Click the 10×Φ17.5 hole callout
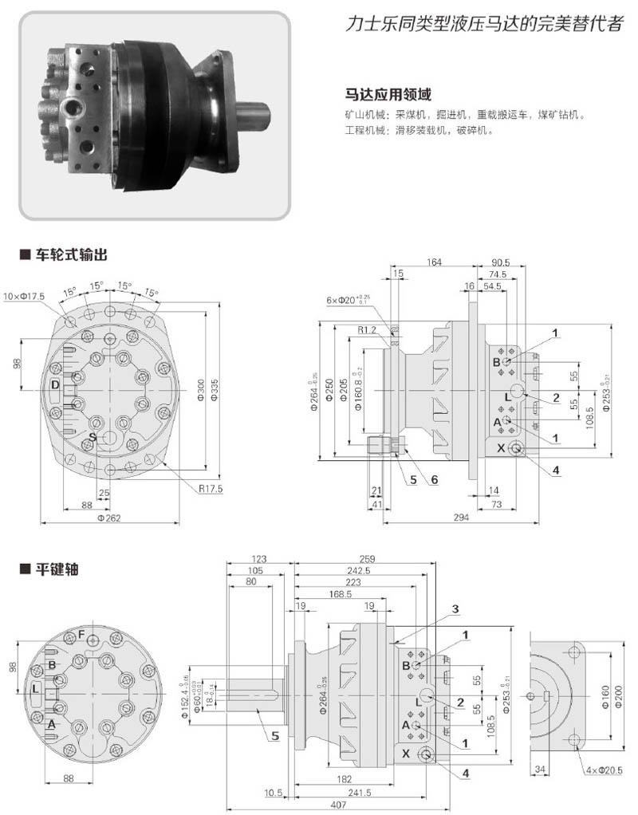point(25,296)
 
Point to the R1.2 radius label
point(367,329)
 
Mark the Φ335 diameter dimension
point(214,388)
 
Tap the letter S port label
point(93,438)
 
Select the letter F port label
point(81,634)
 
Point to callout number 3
point(455,609)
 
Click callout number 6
point(435,479)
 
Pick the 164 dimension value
point(435,263)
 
